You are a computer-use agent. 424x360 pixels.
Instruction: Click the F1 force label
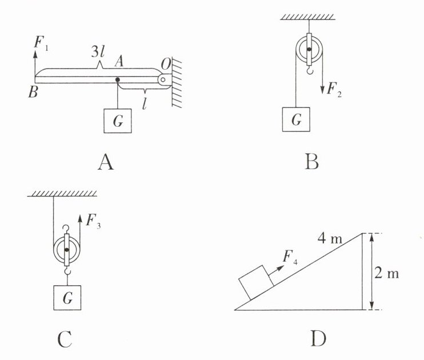click(41, 43)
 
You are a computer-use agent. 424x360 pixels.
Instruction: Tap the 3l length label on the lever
click(98, 51)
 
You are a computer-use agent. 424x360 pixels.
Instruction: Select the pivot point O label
click(166, 65)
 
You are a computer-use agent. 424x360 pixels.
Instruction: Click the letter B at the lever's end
click(33, 91)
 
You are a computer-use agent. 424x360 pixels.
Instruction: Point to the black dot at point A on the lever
click(118, 80)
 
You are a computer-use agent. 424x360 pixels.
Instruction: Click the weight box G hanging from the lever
click(118, 121)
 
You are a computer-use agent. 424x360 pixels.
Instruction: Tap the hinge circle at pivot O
click(163, 80)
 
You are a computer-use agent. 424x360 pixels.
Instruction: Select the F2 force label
click(334, 89)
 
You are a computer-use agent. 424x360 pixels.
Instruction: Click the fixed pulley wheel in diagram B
click(309, 50)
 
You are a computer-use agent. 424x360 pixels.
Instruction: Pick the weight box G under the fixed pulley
click(296, 119)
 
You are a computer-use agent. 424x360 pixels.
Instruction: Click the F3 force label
click(93, 221)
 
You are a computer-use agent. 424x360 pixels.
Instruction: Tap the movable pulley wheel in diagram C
click(66, 250)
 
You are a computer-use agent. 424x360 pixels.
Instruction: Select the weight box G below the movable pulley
click(67, 298)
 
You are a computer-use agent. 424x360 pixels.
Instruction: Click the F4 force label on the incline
click(290, 257)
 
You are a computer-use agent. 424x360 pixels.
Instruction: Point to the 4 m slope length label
click(330, 239)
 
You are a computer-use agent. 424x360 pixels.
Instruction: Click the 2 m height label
click(387, 274)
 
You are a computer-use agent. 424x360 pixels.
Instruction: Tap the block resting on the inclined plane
click(256, 283)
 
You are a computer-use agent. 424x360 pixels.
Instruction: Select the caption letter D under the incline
click(318, 339)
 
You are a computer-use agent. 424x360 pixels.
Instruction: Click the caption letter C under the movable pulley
click(65, 339)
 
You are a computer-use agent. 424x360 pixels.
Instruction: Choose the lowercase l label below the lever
click(145, 103)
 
